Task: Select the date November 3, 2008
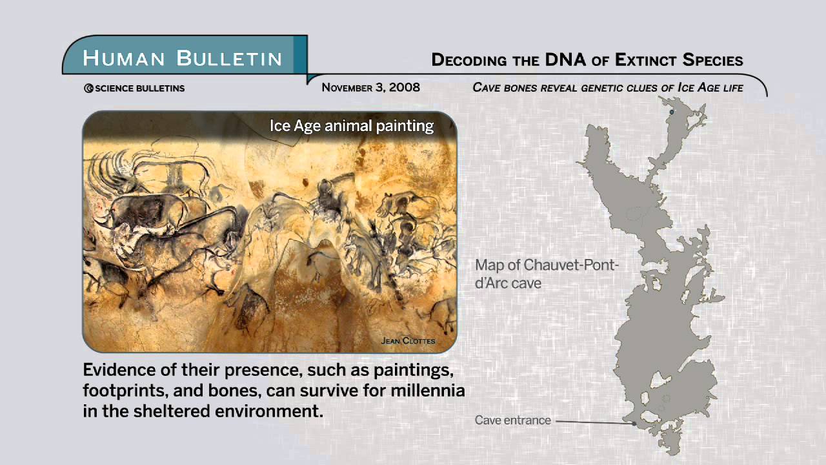(x=370, y=87)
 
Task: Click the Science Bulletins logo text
(x=134, y=88)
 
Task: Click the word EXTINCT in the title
(x=647, y=60)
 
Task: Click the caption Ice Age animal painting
(x=352, y=125)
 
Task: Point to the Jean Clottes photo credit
(x=408, y=340)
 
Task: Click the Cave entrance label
(x=513, y=420)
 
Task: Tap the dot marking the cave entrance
(x=634, y=424)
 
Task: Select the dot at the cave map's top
(x=672, y=112)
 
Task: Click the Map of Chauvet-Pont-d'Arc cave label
(x=547, y=274)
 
